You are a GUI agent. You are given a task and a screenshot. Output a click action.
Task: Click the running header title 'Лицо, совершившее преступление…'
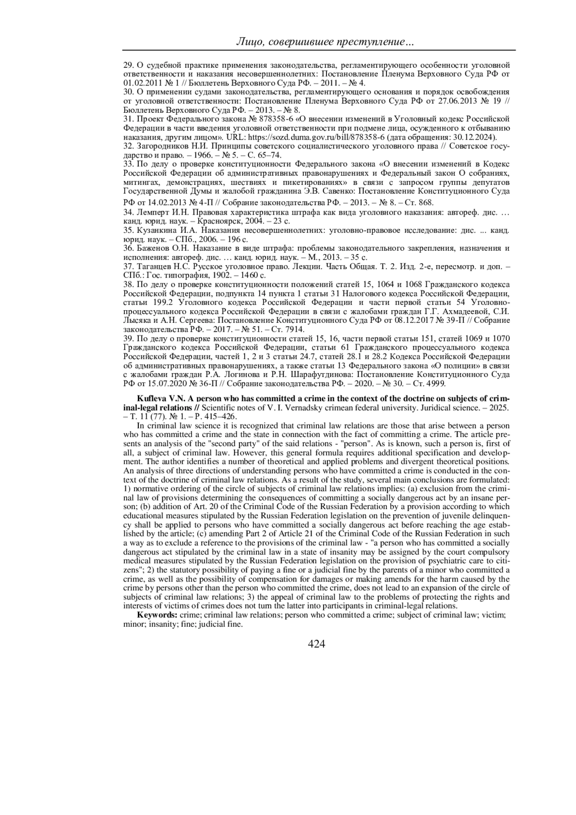pyautogui.click(x=325, y=43)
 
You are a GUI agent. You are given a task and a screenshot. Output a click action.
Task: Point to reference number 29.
pyautogui.click(x=128, y=65)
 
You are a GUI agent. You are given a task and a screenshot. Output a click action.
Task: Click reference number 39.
pyautogui.click(x=128, y=339)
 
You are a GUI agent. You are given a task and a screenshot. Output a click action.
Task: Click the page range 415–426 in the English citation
pyautogui.click(x=219, y=416)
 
